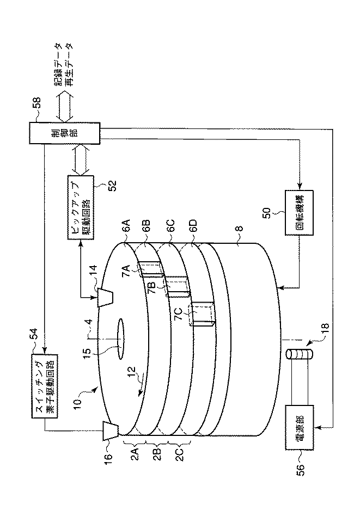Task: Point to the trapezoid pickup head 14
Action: (105, 297)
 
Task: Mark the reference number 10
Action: (80, 402)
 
